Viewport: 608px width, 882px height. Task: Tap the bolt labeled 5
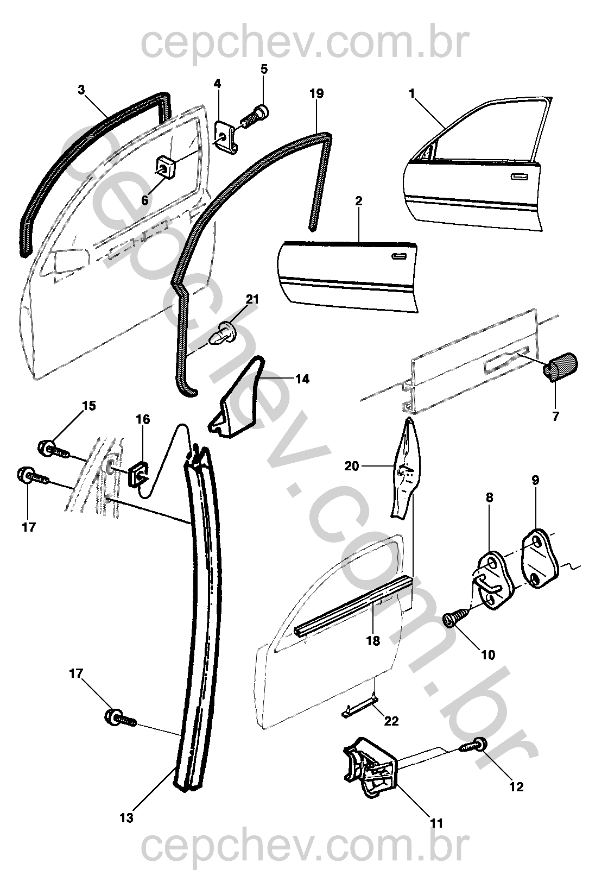[255, 116]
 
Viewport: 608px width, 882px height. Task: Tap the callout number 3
[81, 90]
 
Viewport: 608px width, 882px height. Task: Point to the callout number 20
[352, 465]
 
